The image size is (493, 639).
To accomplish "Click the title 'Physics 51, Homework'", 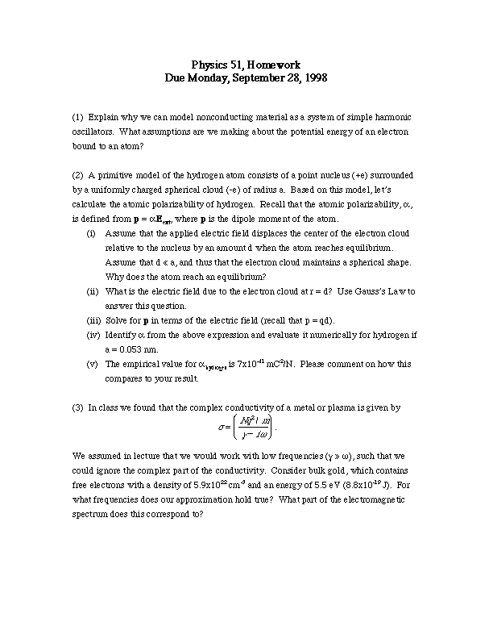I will click(x=246, y=65).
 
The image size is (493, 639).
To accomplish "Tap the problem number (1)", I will click(x=77, y=117).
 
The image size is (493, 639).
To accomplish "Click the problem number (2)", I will click(x=77, y=175).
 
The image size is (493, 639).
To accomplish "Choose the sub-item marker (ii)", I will click(x=92, y=291).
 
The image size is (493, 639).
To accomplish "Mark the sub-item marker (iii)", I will click(x=93, y=320).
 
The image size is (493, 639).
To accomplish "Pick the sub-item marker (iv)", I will click(x=93, y=335).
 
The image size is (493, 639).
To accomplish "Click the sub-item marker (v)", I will click(x=92, y=364).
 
